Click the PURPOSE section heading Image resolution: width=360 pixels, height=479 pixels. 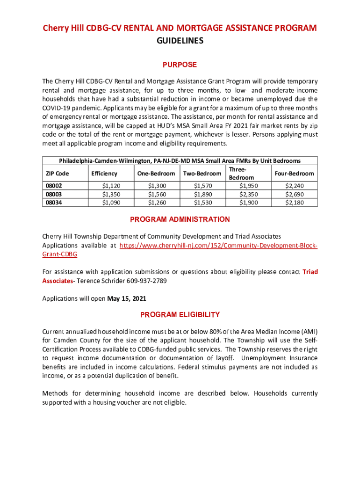click(180, 65)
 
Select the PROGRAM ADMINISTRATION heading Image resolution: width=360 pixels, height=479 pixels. click(180, 219)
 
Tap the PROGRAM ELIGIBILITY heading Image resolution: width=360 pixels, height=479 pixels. click(180, 314)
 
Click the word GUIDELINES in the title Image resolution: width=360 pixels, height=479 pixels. click(180, 41)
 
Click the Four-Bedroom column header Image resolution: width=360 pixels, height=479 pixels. click(294, 174)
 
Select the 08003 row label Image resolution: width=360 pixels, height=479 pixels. click(53, 194)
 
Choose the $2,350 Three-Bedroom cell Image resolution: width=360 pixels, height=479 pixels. click(248, 194)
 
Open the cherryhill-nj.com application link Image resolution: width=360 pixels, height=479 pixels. click(218, 246)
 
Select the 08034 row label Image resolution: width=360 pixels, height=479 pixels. click(53, 203)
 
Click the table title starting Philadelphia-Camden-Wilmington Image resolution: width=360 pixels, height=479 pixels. click(180, 160)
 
